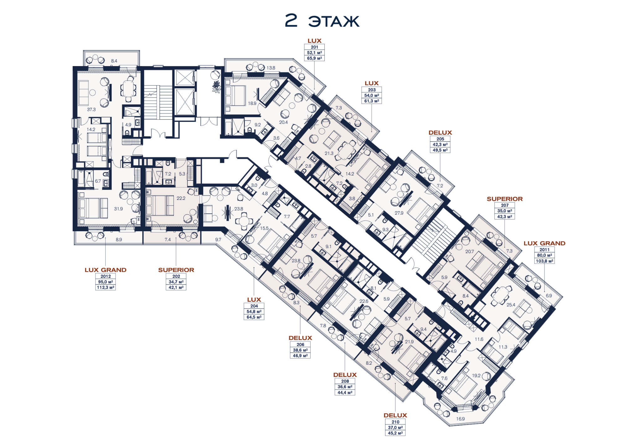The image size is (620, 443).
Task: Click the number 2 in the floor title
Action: (x=291, y=21)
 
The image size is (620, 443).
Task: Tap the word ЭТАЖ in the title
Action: (x=334, y=21)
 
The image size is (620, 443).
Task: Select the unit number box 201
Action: (x=314, y=47)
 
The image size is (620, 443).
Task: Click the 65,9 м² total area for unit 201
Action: (x=314, y=58)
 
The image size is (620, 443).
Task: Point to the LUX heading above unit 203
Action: (x=372, y=83)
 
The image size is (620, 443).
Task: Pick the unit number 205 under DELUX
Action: (x=440, y=139)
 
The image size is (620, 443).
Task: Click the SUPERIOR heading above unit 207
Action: (x=504, y=199)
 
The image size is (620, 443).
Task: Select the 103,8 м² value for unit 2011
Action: (x=544, y=261)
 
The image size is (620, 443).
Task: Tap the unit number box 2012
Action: (x=106, y=276)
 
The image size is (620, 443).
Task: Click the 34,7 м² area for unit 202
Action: (x=176, y=282)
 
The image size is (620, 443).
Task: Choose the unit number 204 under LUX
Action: (x=254, y=306)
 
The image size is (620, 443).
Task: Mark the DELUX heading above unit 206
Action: (x=300, y=338)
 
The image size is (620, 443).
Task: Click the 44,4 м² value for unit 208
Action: (x=345, y=393)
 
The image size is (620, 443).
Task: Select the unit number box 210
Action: (x=395, y=422)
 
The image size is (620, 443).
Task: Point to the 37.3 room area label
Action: (x=91, y=110)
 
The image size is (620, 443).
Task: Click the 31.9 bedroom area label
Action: (x=118, y=209)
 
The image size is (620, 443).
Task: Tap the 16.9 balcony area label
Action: (x=460, y=419)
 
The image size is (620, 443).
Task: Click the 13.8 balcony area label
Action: (x=271, y=68)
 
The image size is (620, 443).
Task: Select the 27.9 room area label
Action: (x=399, y=213)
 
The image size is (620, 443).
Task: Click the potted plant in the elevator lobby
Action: (x=216, y=86)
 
